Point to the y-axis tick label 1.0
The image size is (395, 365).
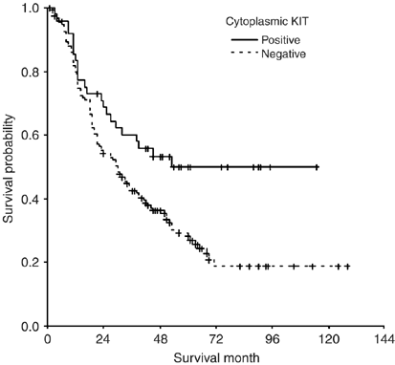[33, 9]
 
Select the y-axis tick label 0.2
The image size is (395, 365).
[33, 263]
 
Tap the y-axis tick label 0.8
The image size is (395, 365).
[33, 73]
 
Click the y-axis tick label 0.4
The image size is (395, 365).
[33, 200]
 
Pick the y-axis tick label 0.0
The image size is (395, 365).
[33, 326]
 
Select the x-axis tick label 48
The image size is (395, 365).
[160, 339]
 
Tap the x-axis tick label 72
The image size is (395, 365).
[216, 339]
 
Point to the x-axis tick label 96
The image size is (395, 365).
[273, 339]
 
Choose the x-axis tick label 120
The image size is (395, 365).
[329, 339]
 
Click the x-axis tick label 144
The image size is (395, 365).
[384, 339]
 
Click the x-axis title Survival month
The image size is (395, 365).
[215, 356]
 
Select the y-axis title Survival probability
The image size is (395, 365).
[9, 168]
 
